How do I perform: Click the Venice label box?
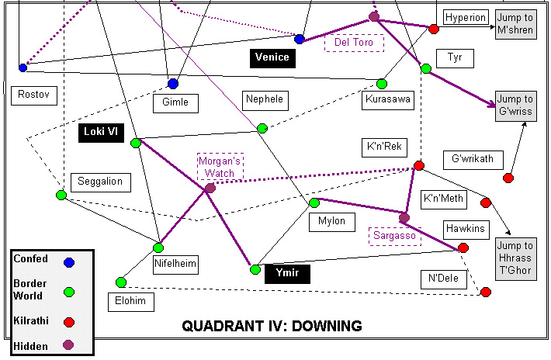pos(272,57)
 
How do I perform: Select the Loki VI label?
pos(102,132)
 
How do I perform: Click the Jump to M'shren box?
pos(515,23)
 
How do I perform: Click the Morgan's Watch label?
pos(220,167)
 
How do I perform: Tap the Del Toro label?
pos(354,43)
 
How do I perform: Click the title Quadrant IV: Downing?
pos(272,326)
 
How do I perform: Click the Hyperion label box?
pos(466,17)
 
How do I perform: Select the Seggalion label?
pos(101,182)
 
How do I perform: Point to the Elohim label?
pos(130,302)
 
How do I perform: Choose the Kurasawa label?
pos(388,99)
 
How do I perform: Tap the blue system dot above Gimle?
pos(173,84)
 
